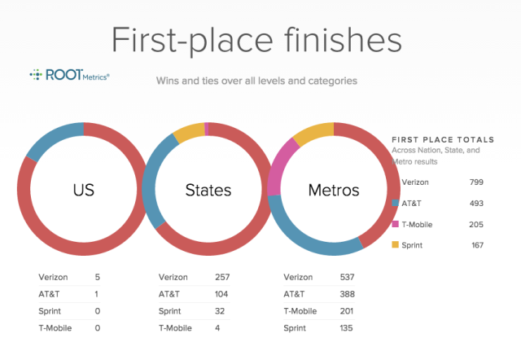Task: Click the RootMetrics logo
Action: [69, 75]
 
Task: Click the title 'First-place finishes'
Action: [256, 41]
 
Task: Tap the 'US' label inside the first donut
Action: [83, 190]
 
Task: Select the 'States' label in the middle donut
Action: [208, 190]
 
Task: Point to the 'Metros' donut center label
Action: [334, 190]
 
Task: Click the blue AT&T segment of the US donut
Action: [52, 139]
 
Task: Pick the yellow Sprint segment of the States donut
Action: [189, 132]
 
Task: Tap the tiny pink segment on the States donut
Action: [206, 129]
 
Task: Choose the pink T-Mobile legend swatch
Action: [395, 224]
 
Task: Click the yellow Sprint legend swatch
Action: [395, 244]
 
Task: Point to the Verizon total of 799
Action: [476, 182]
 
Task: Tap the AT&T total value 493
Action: [476, 204]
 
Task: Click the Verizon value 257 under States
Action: [222, 277]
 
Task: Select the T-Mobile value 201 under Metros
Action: [347, 311]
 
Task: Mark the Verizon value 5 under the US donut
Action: [98, 277]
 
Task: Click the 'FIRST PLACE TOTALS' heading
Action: [443, 139]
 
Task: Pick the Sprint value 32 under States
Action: [220, 311]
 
